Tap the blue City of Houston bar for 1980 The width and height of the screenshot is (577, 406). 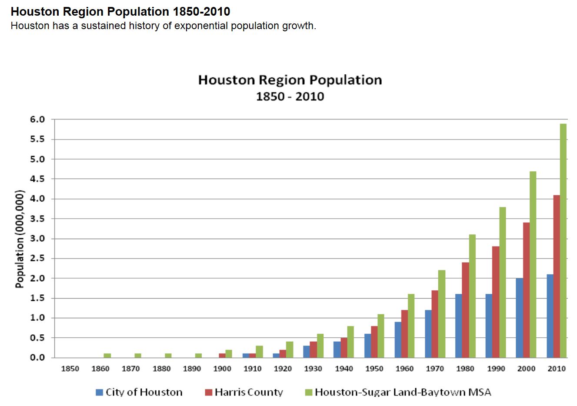tap(459, 326)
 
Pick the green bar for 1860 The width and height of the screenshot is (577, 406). tap(107, 355)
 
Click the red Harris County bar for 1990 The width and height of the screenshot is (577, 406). tap(496, 302)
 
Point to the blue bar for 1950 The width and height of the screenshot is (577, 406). tap(367, 346)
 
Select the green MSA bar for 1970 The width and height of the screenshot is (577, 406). tap(442, 313)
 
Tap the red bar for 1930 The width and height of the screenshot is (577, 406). tap(313, 349)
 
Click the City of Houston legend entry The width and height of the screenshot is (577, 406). tap(139, 392)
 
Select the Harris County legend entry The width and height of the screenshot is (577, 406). tap(244, 392)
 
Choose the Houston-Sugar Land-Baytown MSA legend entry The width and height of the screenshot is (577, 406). tap(398, 392)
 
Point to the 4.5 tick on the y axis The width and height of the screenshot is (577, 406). tap(37, 179)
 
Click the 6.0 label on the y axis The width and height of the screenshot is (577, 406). tap(37, 120)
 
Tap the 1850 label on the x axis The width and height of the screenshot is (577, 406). tap(70, 369)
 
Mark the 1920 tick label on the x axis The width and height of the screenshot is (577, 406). tap(283, 369)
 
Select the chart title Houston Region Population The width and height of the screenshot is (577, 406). tap(290, 80)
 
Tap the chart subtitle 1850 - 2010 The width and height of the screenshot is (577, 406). tap(290, 96)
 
